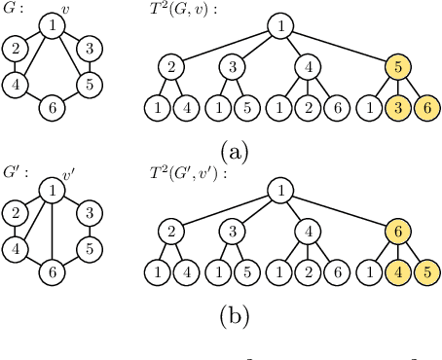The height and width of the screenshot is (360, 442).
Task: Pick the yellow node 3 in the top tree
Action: pos(400,106)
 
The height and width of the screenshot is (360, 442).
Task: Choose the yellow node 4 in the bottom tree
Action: pos(400,270)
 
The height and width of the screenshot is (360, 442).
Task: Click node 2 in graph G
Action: pos(16,48)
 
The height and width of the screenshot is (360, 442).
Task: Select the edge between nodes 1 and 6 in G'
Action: pos(51,234)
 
